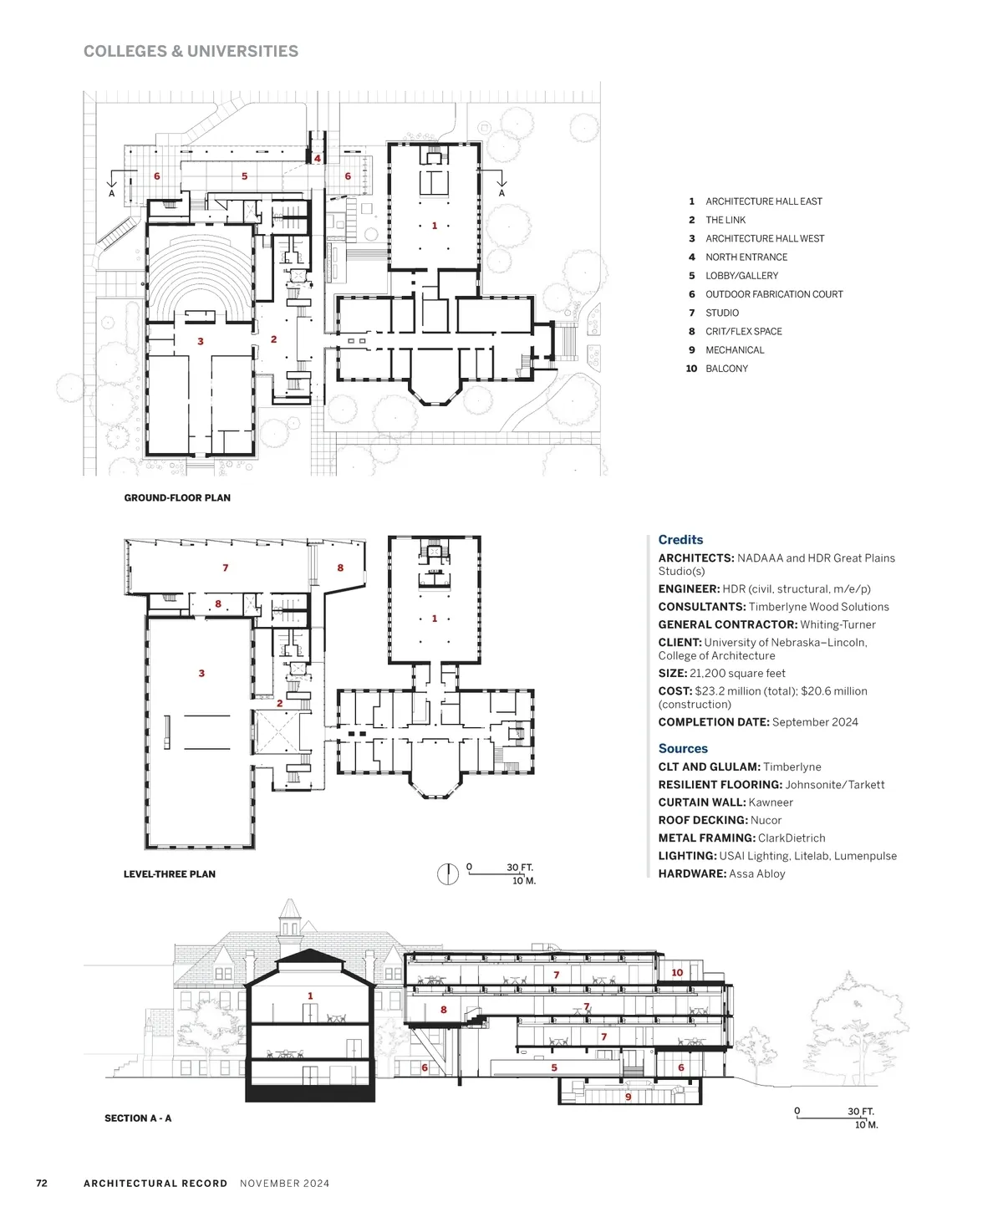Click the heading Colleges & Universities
coord(191,51)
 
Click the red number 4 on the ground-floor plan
coord(318,159)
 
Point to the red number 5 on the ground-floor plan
coord(244,176)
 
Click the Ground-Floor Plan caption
coord(177,497)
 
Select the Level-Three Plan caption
coord(170,873)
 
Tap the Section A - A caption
coord(138,1118)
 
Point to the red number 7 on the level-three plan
coord(225,568)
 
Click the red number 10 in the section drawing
coord(677,972)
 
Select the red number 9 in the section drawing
coord(628,1097)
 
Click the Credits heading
coord(680,540)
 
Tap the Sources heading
coord(683,749)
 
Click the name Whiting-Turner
coord(838,624)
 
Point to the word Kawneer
coord(771,802)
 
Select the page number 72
coord(42,1183)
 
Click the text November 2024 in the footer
coord(284,1183)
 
